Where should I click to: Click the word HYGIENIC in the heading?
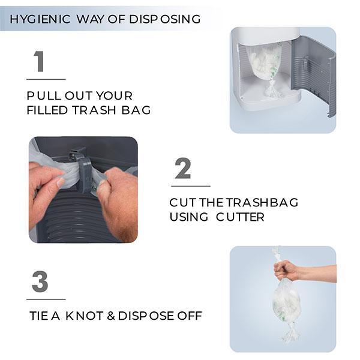(40, 19)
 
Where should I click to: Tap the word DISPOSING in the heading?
(164, 19)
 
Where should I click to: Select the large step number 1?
(39, 61)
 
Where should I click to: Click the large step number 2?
(183, 168)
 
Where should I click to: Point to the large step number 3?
(40, 282)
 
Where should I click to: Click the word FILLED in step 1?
(47, 110)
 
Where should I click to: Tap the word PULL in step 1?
(44, 96)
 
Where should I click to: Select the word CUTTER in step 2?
(240, 217)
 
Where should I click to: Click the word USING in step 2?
(189, 217)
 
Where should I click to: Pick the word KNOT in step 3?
(84, 316)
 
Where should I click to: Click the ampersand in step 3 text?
(111, 316)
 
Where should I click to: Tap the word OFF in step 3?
(190, 316)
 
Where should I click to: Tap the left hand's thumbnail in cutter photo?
(61, 182)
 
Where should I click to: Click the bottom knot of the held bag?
(290, 332)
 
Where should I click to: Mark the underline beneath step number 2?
(191, 186)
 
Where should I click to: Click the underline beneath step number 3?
(46, 299)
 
